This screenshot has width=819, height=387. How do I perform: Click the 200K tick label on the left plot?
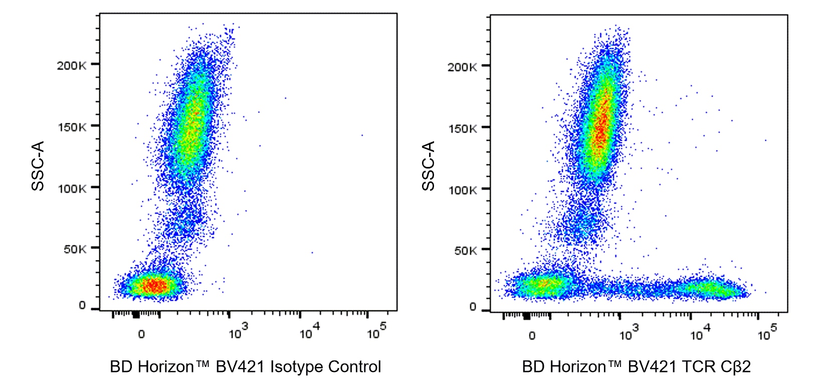pos(71,66)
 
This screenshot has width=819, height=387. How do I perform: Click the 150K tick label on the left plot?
pos(72,127)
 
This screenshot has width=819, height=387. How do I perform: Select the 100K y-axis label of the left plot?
pos(72,189)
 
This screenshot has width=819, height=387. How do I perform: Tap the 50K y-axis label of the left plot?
pos(75,249)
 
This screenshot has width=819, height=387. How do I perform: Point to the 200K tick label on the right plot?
pos(462,67)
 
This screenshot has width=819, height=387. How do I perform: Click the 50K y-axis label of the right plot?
pos(465,251)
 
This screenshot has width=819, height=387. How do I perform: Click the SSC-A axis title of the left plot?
pos(38,165)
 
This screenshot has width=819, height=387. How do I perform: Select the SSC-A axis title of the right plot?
pos(429,165)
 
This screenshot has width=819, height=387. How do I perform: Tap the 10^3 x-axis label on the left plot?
pos(238,332)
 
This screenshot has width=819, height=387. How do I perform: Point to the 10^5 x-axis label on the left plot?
pos(376,332)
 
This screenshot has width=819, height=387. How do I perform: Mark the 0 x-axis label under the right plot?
pos(532,335)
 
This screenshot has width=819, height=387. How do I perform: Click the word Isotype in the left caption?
pos(297,367)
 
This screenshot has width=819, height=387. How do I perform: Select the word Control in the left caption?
pos(355,367)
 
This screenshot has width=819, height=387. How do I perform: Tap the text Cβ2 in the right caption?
pos(735,367)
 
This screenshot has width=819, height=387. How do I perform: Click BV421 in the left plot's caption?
pos(240,367)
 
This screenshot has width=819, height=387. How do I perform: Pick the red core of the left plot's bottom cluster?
pos(154,286)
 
